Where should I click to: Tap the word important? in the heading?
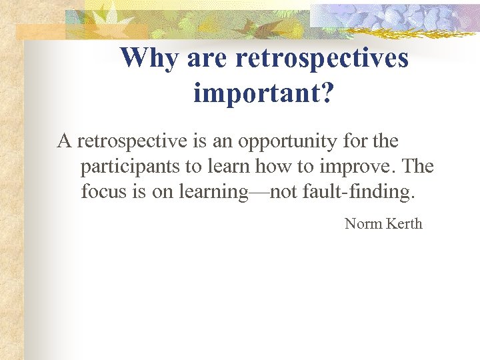tap(264, 93)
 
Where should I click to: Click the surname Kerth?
tap(402, 224)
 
